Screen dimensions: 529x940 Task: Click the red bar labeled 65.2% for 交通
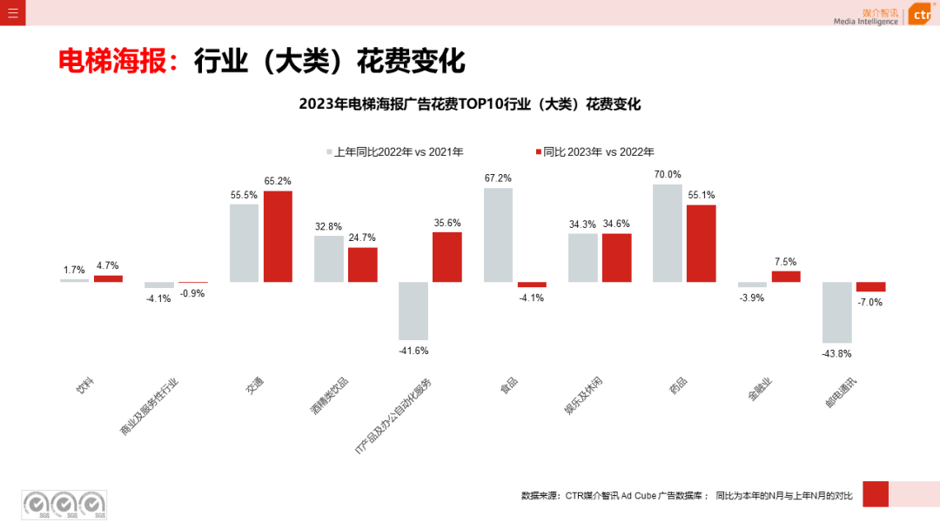pyautogui.click(x=278, y=236)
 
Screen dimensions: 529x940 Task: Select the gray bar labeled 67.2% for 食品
pyautogui.click(x=498, y=235)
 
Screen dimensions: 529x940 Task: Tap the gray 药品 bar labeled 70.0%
pyautogui.click(x=668, y=232)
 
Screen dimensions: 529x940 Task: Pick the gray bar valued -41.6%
pyautogui.click(x=413, y=311)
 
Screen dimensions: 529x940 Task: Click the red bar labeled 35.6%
pyautogui.click(x=447, y=257)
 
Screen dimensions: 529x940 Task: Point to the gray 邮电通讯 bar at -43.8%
pyautogui.click(x=837, y=311)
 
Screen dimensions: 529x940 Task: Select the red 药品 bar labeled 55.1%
pyautogui.click(x=702, y=243)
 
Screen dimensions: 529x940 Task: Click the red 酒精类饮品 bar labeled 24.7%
pyautogui.click(x=363, y=264)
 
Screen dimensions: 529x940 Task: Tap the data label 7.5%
pyautogui.click(x=785, y=261)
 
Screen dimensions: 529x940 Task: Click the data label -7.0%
pyautogui.click(x=870, y=302)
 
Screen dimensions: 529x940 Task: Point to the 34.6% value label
pyautogui.click(x=616, y=224)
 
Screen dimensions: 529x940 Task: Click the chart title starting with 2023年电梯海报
pyautogui.click(x=470, y=104)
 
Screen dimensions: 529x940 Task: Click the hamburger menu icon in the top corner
pyautogui.click(x=12, y=12)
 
